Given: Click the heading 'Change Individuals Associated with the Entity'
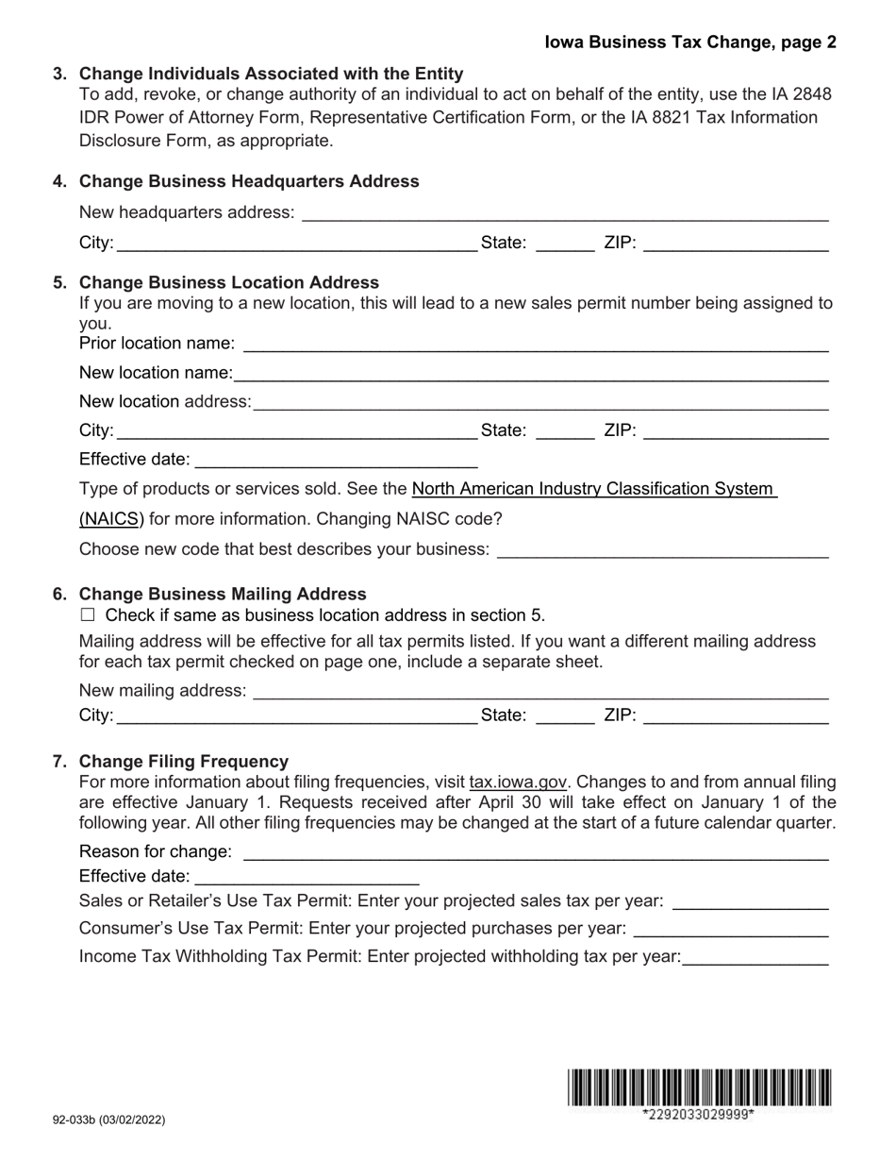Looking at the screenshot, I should click(x=271, y=74).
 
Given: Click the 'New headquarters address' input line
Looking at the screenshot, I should click(x=563, y=213).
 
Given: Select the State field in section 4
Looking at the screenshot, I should click(x=564, y=244).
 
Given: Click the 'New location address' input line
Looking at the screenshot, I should click(x=540, y=402).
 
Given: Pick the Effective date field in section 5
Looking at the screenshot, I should click(x=335, y=461).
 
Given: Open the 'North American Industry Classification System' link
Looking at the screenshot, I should click(x=593, y=489).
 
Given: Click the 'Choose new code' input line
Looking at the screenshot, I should click(x=661, y=549).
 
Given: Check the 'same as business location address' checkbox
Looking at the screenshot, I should click(x=89, y=615).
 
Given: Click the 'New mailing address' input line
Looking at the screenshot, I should click(x=540, y=691).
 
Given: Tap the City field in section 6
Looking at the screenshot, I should click(x=295, y=716).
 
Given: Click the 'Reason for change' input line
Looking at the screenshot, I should click(x=535, y=852).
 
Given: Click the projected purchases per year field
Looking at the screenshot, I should click(x=731, y=929).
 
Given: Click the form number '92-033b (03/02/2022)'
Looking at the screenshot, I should click(x=108, y=1119).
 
